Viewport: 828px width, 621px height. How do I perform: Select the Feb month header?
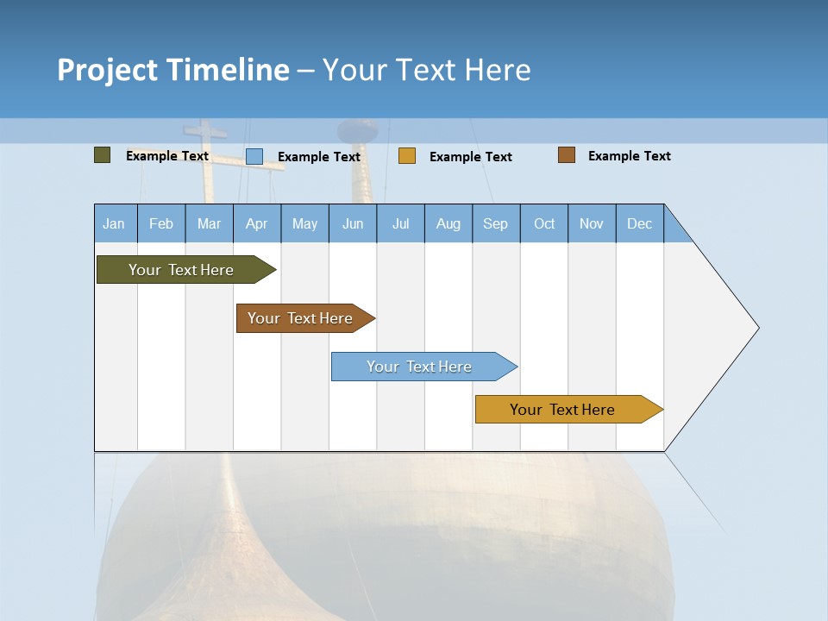[x=161, y=223]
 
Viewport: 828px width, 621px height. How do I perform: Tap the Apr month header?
[x=257, y=223]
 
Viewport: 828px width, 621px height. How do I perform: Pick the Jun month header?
[x=353, y=223]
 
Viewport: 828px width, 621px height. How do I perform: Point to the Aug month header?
[x=448, y=223]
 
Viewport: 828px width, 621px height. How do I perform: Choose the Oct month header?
[x=544, y=223]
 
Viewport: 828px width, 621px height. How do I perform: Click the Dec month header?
[x=639, y=223]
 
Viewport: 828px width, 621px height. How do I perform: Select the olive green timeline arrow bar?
[x=186, y=269]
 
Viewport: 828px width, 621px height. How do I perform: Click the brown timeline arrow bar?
[x=305, y=318]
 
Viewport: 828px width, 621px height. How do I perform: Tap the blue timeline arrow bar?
[x=424, y=367]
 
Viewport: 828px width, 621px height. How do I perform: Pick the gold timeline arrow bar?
[x=569, y=409]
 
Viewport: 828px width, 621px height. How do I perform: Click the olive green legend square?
[x=102, y=155]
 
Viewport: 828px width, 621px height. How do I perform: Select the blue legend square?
[x=254, y=156]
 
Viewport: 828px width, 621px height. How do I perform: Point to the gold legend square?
[x=407, y=156]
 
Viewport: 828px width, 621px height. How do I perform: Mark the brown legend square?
[x=567, y=155]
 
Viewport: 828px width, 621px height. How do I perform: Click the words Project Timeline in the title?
[x=173, y=70]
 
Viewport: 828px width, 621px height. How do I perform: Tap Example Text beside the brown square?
[x=630, y=156]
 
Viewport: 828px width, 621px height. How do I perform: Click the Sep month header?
[x=496, y=223]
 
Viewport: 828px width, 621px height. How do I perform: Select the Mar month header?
[x=209, y=223]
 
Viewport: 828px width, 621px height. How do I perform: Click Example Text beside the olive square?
[x=166, y=156]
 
